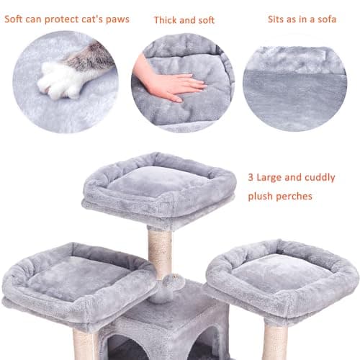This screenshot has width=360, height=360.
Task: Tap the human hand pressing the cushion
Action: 170,84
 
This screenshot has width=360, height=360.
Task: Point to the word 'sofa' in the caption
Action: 325,18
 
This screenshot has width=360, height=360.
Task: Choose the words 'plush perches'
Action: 281,195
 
